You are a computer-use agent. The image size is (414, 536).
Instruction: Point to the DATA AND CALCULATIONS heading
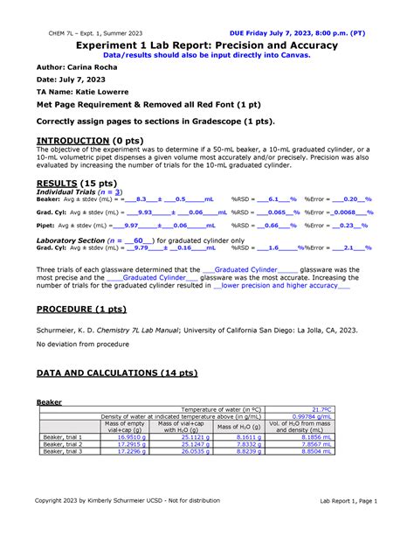coord(117,372)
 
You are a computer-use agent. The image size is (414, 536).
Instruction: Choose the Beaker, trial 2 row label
coord(63,444)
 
